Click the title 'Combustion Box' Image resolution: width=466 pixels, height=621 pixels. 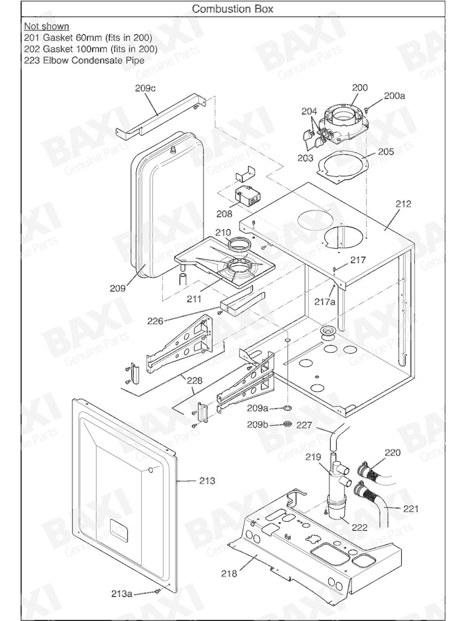tap(233, 9)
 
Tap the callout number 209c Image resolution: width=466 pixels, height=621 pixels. tap(145, 88)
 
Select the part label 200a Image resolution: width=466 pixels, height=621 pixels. tap(394, 96)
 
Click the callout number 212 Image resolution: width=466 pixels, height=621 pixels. tap(403, 204)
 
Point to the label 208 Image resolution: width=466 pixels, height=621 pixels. tap(224, 214)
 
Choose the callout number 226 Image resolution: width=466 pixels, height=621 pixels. tap(155, 321)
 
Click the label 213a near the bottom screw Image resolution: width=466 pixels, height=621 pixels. tap(122, 594)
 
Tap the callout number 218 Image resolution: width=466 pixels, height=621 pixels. tap(229, 573)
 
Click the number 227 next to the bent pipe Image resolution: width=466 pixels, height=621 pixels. tap(304, 425)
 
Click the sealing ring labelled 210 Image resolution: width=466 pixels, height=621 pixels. tap(239, 243)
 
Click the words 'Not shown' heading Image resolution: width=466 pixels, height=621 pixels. tap(47, 26)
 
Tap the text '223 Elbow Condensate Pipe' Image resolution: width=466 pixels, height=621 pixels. tap(84, 60)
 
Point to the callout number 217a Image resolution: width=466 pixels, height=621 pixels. tap(325, 301)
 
